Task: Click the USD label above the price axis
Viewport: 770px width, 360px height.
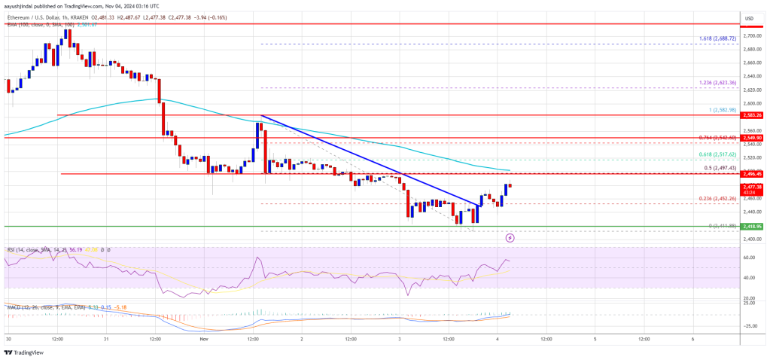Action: pos(749,17)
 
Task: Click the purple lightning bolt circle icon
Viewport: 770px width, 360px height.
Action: pos(510,237)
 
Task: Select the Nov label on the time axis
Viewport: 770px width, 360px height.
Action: pos(203,340)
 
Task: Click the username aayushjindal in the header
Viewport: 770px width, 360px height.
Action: pos(22,5)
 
